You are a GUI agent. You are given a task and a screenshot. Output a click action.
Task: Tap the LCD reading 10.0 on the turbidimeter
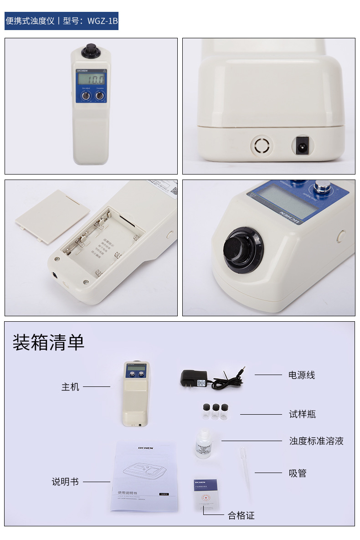coord(90,79)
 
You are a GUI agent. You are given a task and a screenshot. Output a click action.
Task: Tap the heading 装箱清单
coord(49,343)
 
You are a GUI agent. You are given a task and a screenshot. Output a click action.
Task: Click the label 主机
coord(70,387)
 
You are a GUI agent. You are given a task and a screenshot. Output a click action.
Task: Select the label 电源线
coord(302,375)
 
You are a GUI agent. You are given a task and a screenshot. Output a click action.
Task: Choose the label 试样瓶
coord(302,414)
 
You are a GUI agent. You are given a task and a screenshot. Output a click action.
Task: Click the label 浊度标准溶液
coord(316,441)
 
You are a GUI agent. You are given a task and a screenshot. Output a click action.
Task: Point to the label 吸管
coord(298,473)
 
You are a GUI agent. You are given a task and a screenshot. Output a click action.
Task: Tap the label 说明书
coord(65,482)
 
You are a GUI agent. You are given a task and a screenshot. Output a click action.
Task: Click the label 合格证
coord(241,516)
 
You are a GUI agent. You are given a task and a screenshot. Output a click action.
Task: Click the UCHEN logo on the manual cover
coord(146,448)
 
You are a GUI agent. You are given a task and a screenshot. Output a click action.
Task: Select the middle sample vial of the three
coord(215,412)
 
